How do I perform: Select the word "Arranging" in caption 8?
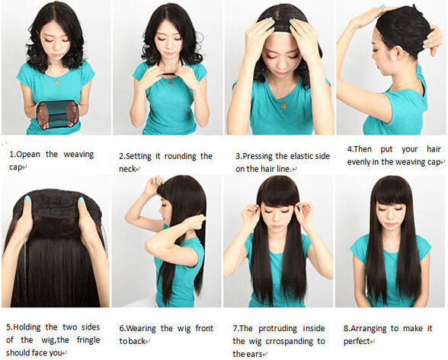(x=373, y=328)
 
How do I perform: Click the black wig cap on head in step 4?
(x=401, y=30)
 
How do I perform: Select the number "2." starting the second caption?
(x=122, y=156)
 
